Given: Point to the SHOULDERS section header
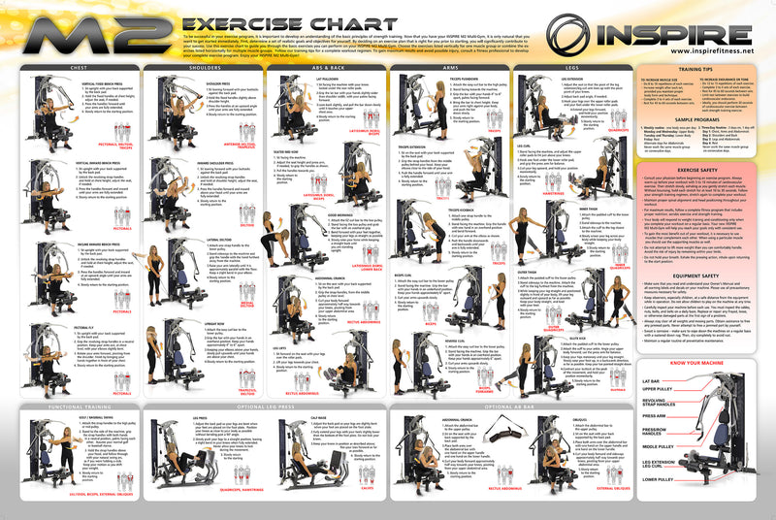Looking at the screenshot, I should (x=202, y=67).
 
